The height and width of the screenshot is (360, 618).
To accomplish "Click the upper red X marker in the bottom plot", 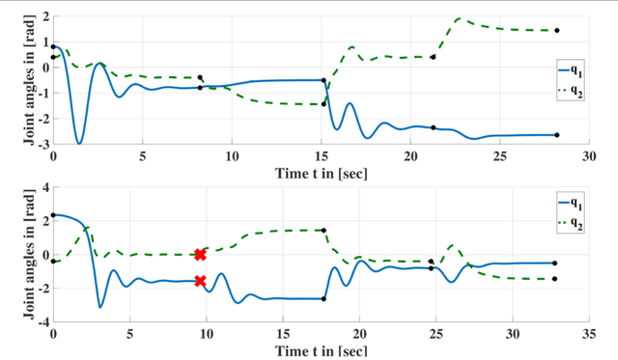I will point(200,255).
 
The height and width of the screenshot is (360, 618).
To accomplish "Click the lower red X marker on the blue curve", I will point(200,282).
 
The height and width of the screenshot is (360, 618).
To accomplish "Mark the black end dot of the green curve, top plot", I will point(557,31).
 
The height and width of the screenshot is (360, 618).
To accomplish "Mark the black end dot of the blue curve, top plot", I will point(557,135).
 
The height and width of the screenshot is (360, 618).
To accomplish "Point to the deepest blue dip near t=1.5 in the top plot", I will point(79,143).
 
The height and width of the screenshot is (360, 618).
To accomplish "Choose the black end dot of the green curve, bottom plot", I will point(554,279).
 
